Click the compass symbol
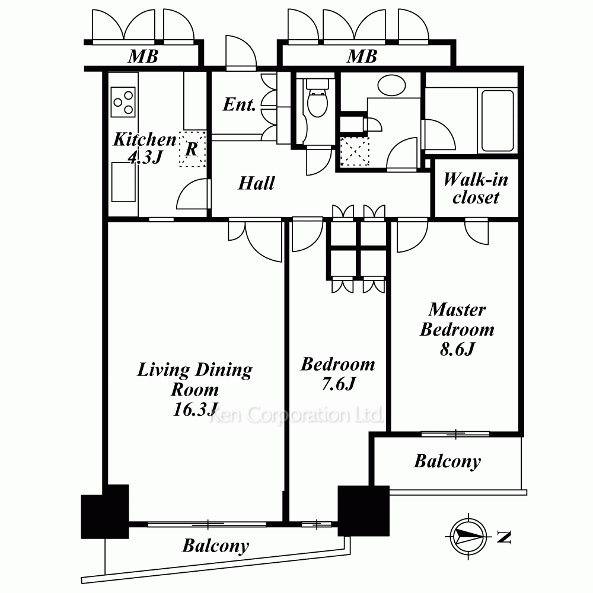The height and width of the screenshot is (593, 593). pyautogui.click(x=468, y=536)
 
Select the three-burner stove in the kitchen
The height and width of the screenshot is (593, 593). pyautogui.click(x=123, y=102)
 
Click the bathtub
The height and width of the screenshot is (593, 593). pyautogui.click(x=497, y=120)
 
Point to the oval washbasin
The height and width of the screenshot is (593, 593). pyautogui.click(x=391, y=85)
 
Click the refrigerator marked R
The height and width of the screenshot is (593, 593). pyautogui.click(x=193, y=149)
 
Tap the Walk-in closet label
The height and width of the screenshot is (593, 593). pyautogui.click(x=476, y=189)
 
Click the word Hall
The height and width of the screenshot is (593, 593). pyautogui.click(x=256, y=183)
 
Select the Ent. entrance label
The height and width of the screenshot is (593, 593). pyautogui.click(x=240, y=104)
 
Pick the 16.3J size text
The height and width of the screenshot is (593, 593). pyautogui.click(x=196, y=409)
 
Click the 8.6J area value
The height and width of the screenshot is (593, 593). pyautogui.click(x=457, y=349)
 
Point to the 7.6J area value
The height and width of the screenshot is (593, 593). pyautogui.click(x=339, y=384)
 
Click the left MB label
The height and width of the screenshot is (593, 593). pyautogui.click(x=143, y=56)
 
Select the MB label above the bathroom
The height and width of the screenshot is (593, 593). pyautogui.click(x=362, y=56)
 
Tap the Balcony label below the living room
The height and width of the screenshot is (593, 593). pyautogui.click(x=216, y=546)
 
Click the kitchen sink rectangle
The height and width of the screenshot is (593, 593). pyautogui.click(x=124, y=182)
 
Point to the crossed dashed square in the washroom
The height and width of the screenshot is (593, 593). pyautogui.click(x=355, y=152)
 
